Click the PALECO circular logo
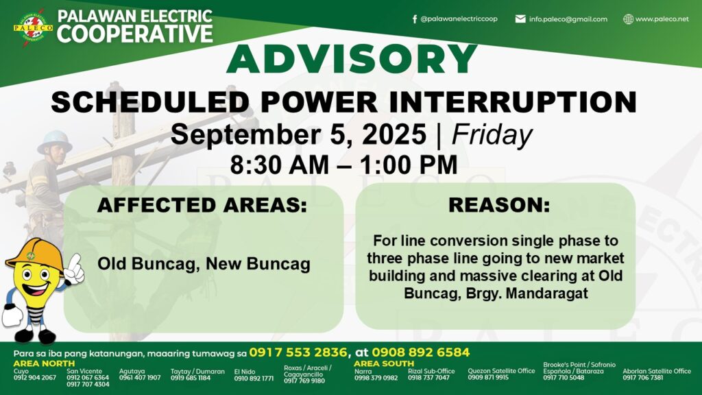[33, 27]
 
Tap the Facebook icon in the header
[415, 19]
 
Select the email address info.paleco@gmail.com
[568, 19]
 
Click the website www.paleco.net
[662, 19]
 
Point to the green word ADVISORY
[352, 59]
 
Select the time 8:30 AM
[280, 165]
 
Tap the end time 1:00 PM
[408, 165]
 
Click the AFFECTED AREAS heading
[202, 204]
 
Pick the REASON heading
[499, 204]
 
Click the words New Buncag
[258, 263]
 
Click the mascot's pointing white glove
[74, 269]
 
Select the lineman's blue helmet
[55, 141]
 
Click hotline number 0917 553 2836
[298, 352]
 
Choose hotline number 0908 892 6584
[421, 352]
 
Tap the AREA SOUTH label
[384, 363]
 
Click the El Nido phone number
[254, 379]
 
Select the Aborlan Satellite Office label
[657, 371]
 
